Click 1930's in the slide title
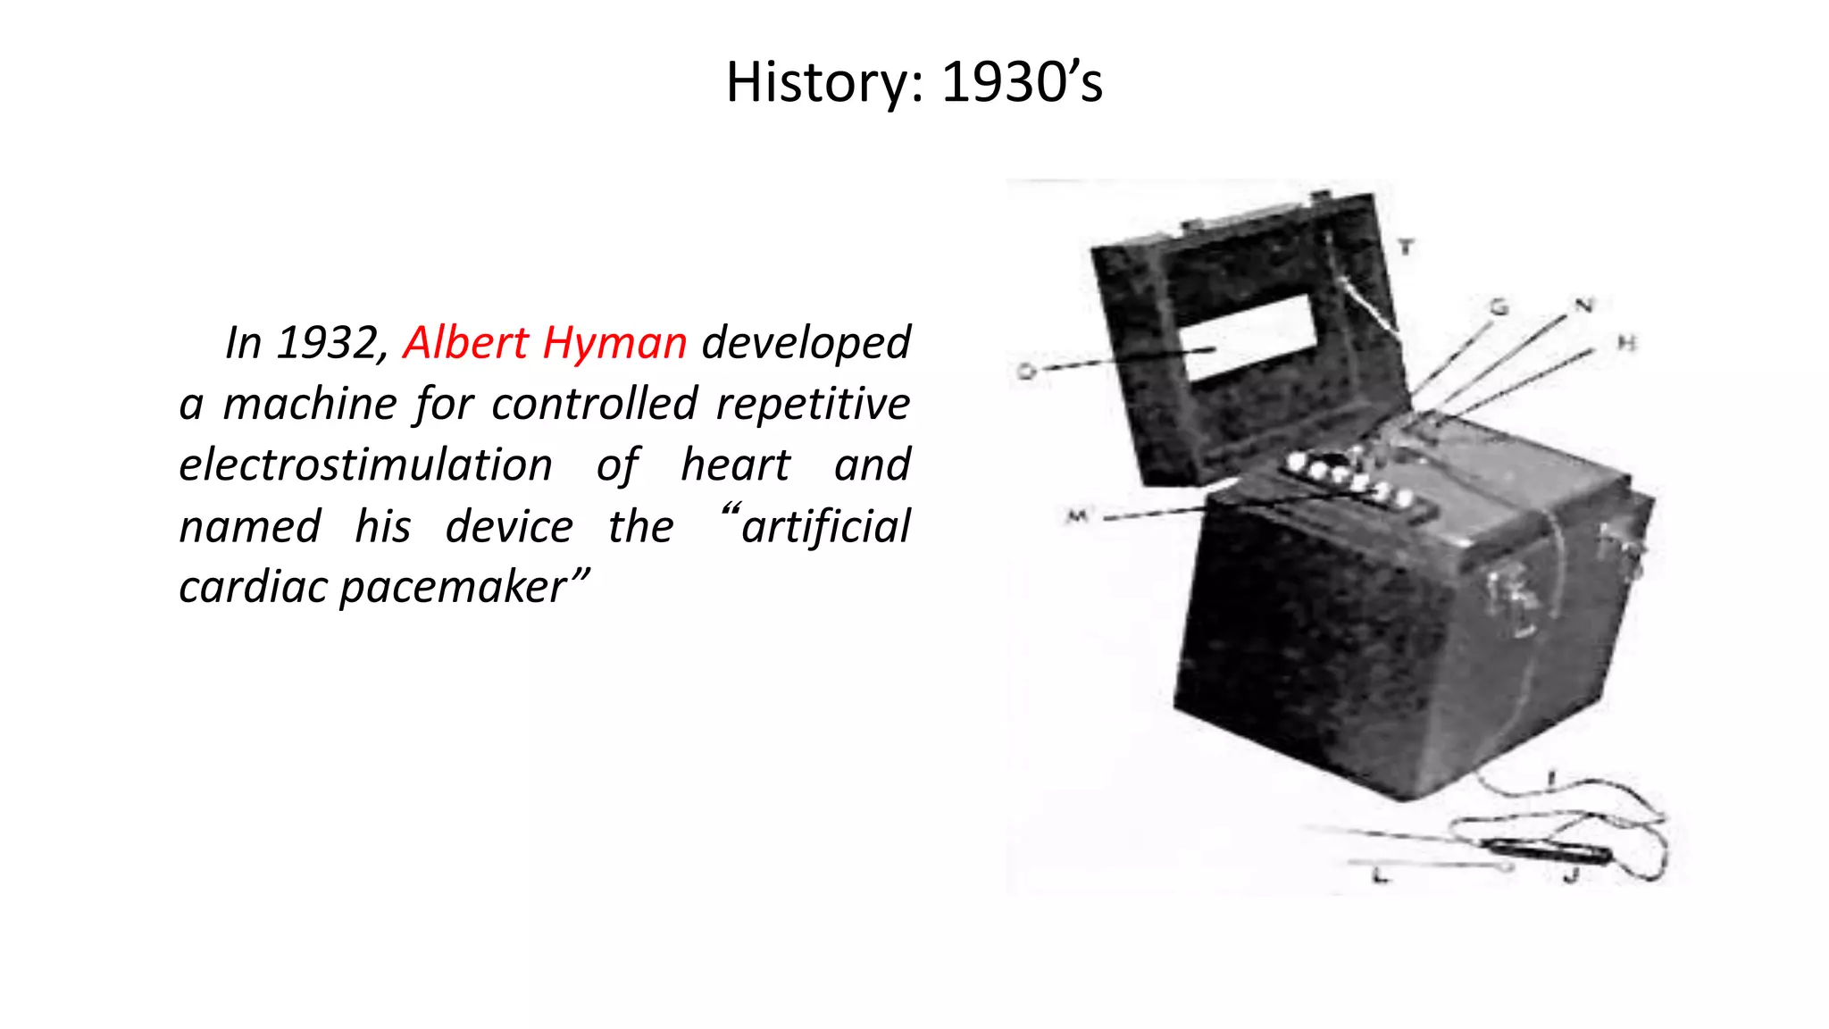point(1022,83)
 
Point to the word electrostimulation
point(365,465)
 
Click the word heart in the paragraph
point(735,465)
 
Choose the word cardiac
point(254,588)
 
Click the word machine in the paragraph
point(309,404)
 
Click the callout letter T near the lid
point(1407,247)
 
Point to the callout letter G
point(1499,307)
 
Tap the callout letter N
point(1583,305)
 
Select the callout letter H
point(1626,343)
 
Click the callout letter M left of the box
point(1078,516)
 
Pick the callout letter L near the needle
point(1381,876)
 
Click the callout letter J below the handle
point(1571,876)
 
